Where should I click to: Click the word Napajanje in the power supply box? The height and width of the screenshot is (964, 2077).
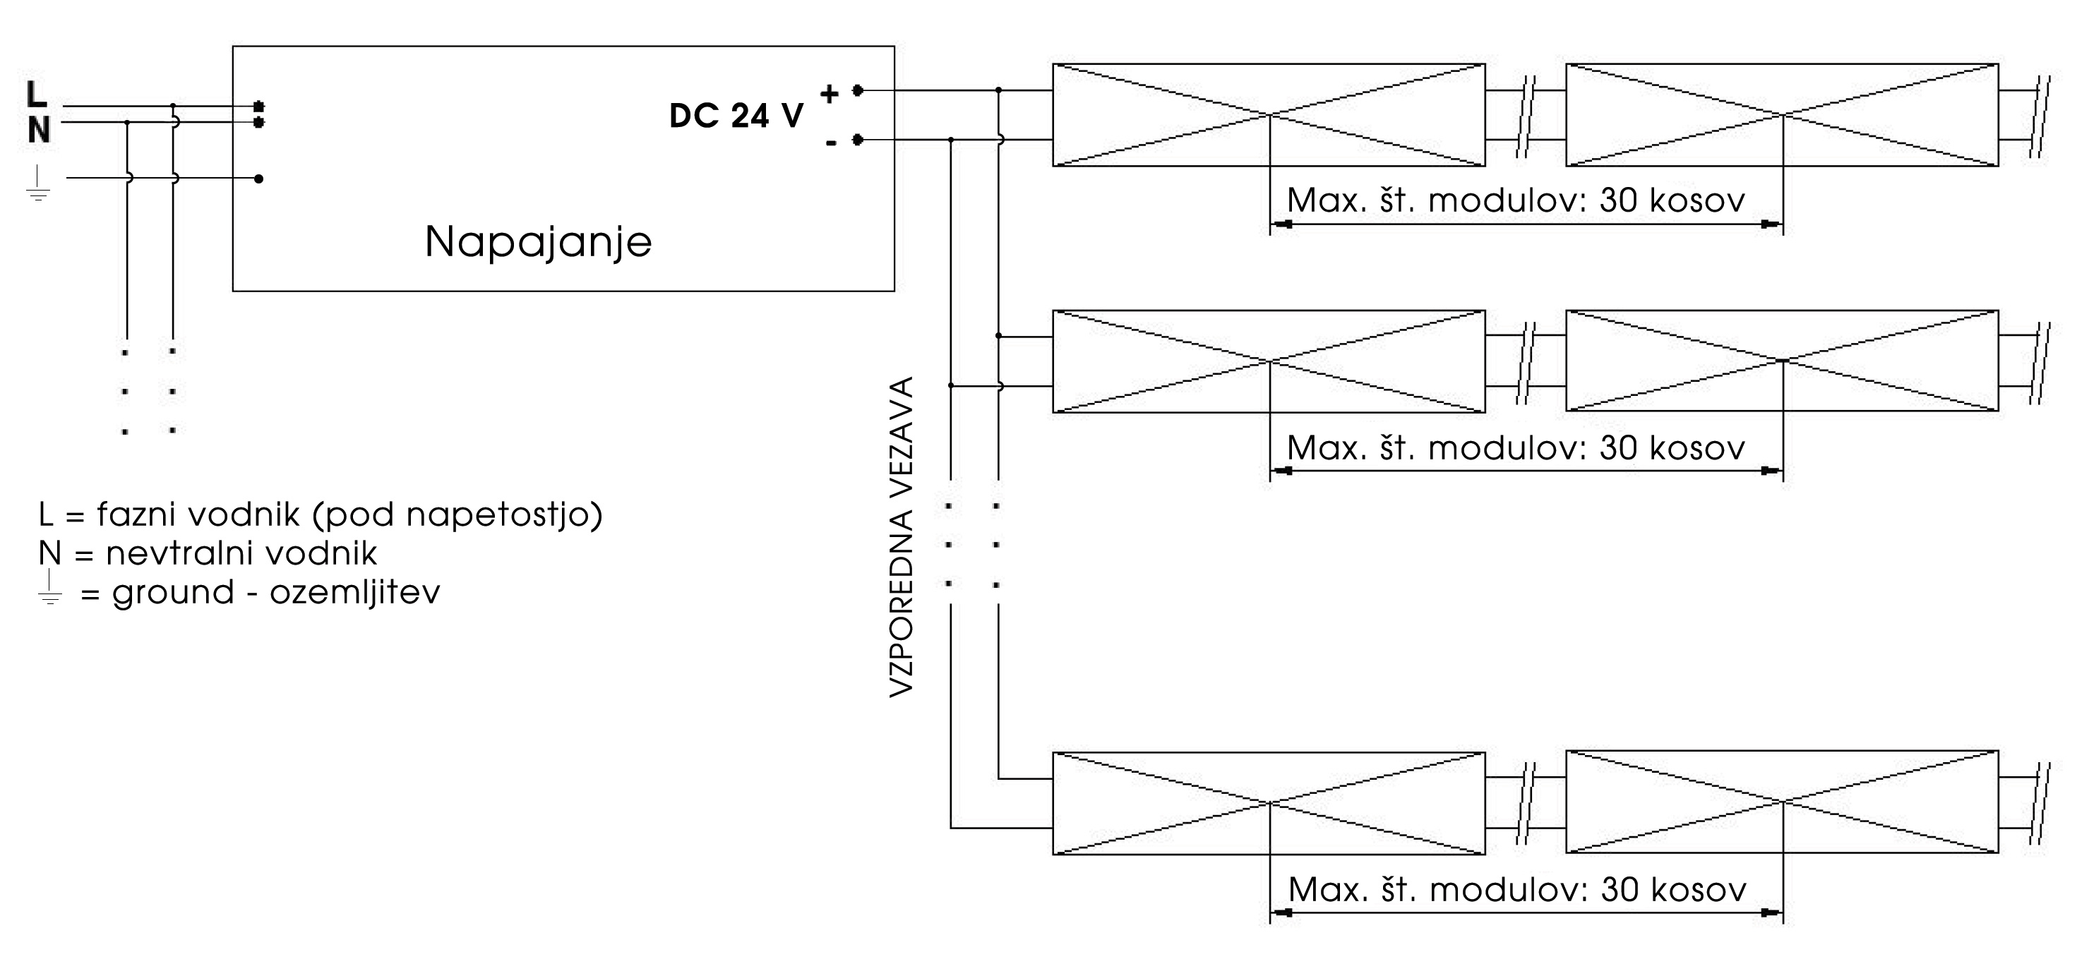click(x=538, y=242)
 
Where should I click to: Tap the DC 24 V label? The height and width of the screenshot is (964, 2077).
click(x=736, y=116)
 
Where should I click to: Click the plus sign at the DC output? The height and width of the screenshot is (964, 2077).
click(x=829, y=95)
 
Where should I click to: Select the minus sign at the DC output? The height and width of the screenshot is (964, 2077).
click(x=830, y=143)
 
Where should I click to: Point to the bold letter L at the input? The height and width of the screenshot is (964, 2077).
click(x=36, y=95)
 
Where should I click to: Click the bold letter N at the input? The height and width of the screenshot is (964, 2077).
click(x=38, y=130)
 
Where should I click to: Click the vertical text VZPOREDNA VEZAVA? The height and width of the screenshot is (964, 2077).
click(x=902, y=537)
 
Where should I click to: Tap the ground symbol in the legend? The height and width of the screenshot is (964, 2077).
click(x=50, y=588)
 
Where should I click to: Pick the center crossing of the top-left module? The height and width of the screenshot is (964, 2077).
click(x=1270, y=115)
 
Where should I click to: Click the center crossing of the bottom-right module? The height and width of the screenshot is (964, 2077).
click(x=1783, y=802)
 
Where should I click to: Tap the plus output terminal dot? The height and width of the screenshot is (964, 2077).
click(x=858, y=90)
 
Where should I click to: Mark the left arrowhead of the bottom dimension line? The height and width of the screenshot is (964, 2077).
click(x=1282, y=913)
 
